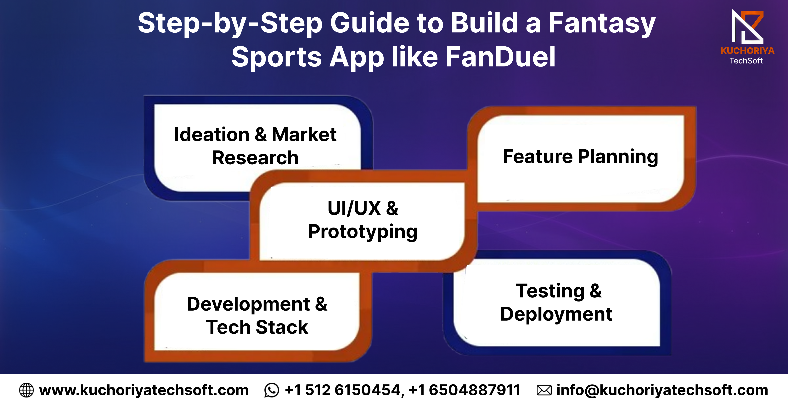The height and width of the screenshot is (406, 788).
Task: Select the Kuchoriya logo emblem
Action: click(747, 27)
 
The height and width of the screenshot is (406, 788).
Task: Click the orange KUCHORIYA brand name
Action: click(747, 50)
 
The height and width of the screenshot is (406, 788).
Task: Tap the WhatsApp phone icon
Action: click(272, 390)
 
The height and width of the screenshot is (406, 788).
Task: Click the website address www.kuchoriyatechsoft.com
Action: click(144, 390)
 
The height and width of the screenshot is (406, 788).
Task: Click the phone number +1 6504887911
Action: click(464, 390)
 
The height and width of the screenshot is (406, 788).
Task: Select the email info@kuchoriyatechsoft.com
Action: click(662, 390)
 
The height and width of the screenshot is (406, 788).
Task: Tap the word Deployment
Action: click(556, 314)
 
